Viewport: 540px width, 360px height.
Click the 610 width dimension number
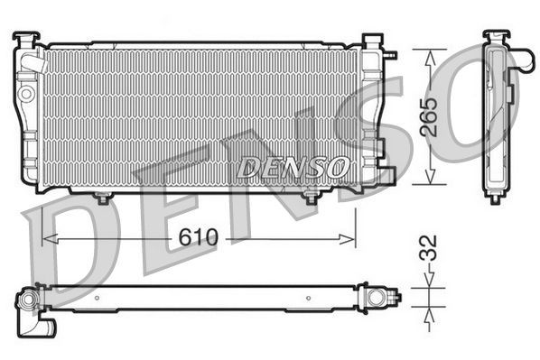click(199, 237)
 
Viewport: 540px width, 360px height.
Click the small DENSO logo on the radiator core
click(293, 167)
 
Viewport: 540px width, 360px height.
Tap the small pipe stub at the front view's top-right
click(391, 53)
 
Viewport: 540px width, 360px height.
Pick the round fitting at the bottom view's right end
click(373, 294)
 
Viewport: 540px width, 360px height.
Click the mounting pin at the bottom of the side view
click(495, 198)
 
